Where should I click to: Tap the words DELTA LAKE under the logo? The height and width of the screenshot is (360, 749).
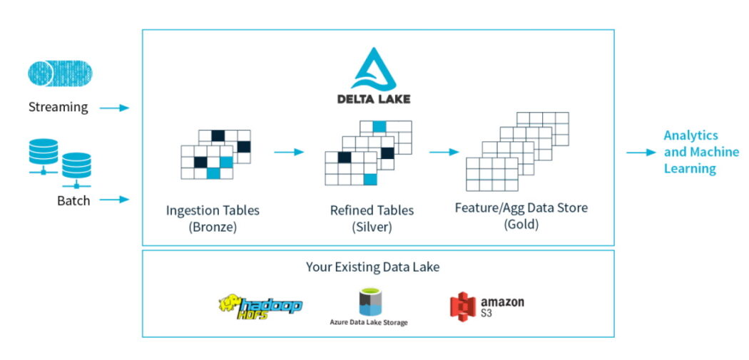click(x=374, y=99)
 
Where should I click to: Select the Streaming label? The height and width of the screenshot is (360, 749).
click(x=58, y=107)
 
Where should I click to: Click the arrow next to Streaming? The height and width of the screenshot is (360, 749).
click(x=114, y=108)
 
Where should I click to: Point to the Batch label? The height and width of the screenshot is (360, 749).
click(x=73, y=200)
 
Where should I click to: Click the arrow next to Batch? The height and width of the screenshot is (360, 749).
click(x=114, y=200)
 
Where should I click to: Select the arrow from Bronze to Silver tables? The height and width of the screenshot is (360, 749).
click(x=289, y=153)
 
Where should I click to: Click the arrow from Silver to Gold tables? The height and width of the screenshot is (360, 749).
click(x=444, y=153)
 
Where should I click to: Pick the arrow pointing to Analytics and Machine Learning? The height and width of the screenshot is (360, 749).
click(x=641, y=153)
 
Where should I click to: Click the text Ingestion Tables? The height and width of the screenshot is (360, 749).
click(x=213, y=210)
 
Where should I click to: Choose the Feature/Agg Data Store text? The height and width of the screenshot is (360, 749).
click(x=521, y=208)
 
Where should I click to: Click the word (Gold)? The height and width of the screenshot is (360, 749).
click(x=521, y=225)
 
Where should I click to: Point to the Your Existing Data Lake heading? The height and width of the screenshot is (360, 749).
click(x=372, y=267)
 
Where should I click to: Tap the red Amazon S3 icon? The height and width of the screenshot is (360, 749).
click(x=463, y=307)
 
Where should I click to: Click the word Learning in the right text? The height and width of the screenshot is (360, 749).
click(x=690, y=168)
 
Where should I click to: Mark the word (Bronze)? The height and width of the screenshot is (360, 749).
click(x=213, y=227)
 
